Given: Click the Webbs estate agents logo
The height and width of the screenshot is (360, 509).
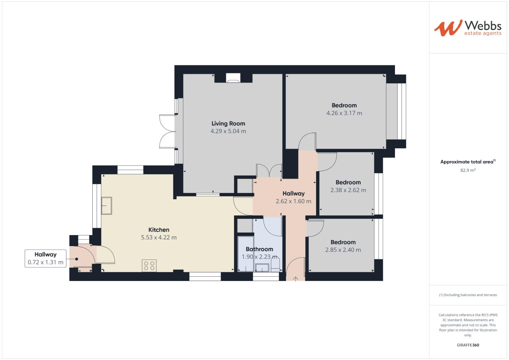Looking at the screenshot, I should pos(468,28).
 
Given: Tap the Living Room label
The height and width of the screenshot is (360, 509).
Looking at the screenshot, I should pos(228,123).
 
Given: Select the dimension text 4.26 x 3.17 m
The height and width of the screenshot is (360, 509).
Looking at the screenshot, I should pos(344,113).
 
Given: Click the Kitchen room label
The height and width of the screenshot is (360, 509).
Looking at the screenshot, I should pos(159,230).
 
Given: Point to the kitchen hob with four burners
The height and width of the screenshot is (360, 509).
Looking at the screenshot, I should pos(149,266).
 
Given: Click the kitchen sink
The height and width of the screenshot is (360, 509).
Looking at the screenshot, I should pos(107,206).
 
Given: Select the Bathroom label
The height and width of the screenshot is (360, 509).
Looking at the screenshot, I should pos(259,249).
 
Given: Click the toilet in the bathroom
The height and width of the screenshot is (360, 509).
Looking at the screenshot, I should pos(275,266).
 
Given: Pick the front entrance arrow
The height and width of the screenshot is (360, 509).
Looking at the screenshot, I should pos(295,279).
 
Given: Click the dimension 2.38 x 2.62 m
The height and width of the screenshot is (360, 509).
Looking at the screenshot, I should pos(348,190).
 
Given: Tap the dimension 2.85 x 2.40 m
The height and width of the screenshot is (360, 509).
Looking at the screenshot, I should pos(343,250).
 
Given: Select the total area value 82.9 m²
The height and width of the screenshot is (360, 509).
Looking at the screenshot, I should pos(468,170).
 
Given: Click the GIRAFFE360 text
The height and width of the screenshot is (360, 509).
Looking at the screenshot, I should pos(468,345).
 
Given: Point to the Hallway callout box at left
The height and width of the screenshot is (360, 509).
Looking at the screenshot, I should pos(45,258).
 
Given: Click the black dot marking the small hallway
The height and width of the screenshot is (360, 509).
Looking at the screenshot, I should pos(77,259).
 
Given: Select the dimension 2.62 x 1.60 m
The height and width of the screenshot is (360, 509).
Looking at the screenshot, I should pos(293,201).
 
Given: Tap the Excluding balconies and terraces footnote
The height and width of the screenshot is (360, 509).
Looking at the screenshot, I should pos(468,295).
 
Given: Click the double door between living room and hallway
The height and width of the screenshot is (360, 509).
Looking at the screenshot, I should pos(269,171).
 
